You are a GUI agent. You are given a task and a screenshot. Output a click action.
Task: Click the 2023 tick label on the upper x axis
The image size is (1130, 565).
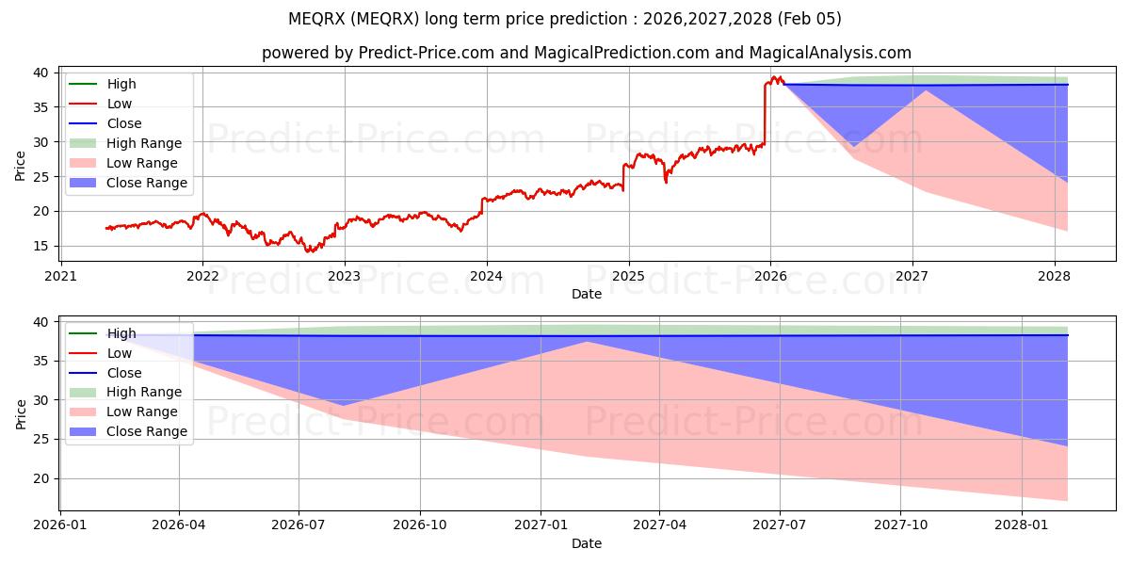(x=345, y=276)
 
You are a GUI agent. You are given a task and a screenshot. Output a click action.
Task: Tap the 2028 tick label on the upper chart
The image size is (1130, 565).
(x=1055, y=276)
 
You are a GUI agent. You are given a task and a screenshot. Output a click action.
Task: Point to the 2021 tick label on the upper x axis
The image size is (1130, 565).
(x=61, y=276)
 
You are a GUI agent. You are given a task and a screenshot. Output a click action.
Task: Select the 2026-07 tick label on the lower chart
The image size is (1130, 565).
(x=299, y=525)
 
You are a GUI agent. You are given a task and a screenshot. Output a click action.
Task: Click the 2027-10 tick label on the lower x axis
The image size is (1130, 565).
(x=901, y=525)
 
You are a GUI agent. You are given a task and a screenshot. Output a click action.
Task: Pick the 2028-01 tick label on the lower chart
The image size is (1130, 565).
(x=1022, y=525)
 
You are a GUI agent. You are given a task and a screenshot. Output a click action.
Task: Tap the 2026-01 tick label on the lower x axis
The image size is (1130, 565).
(x=61, y=525)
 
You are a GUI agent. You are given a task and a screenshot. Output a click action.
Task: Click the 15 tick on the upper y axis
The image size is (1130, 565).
(x=42, y=247)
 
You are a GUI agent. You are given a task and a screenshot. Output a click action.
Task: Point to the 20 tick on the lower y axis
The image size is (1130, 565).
(x=42, y=479)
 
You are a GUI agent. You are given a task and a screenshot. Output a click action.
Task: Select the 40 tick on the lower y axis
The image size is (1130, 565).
(x=42, y=323)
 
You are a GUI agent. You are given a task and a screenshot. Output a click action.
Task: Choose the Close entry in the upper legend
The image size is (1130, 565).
(x=124, y=123)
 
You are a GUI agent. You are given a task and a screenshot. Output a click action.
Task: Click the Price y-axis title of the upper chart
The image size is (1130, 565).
(x=20, y=166)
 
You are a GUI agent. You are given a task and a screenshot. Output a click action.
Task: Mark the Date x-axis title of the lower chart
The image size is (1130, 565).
(x=586, y=543)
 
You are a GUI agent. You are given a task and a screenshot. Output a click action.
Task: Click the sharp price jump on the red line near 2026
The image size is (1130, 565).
(x=764, y=113)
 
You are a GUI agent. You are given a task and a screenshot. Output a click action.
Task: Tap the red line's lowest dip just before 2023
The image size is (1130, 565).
(x=308, y=251)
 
